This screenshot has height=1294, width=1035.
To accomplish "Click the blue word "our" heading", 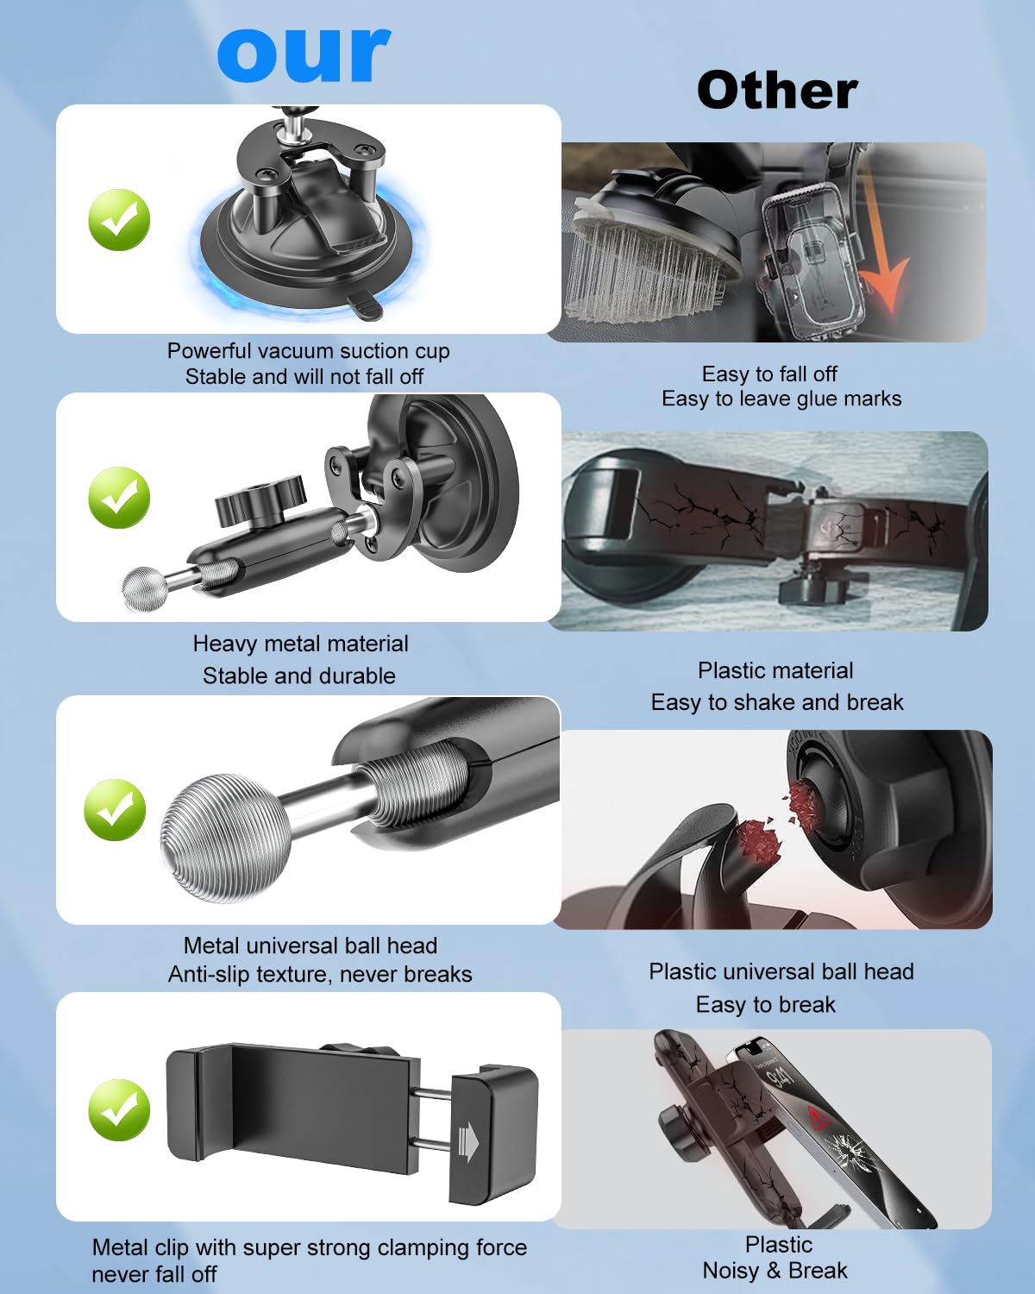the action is click(304, 54).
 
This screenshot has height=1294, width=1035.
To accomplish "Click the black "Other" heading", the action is click(777, 91).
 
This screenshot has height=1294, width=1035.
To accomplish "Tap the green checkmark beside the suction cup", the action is click(119, 219).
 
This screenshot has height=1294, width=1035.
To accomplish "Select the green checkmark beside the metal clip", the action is click(119, 1110).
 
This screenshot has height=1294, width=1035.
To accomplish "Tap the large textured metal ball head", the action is click(226, 838).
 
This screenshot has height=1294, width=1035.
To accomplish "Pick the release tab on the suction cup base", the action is click(365, 305).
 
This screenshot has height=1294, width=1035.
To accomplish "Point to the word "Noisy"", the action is click(731, 1271).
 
